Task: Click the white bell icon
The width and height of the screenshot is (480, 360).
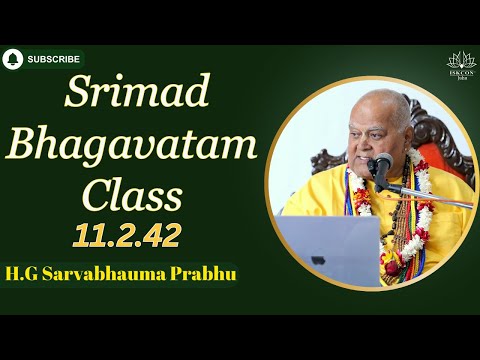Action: click(13, 59)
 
